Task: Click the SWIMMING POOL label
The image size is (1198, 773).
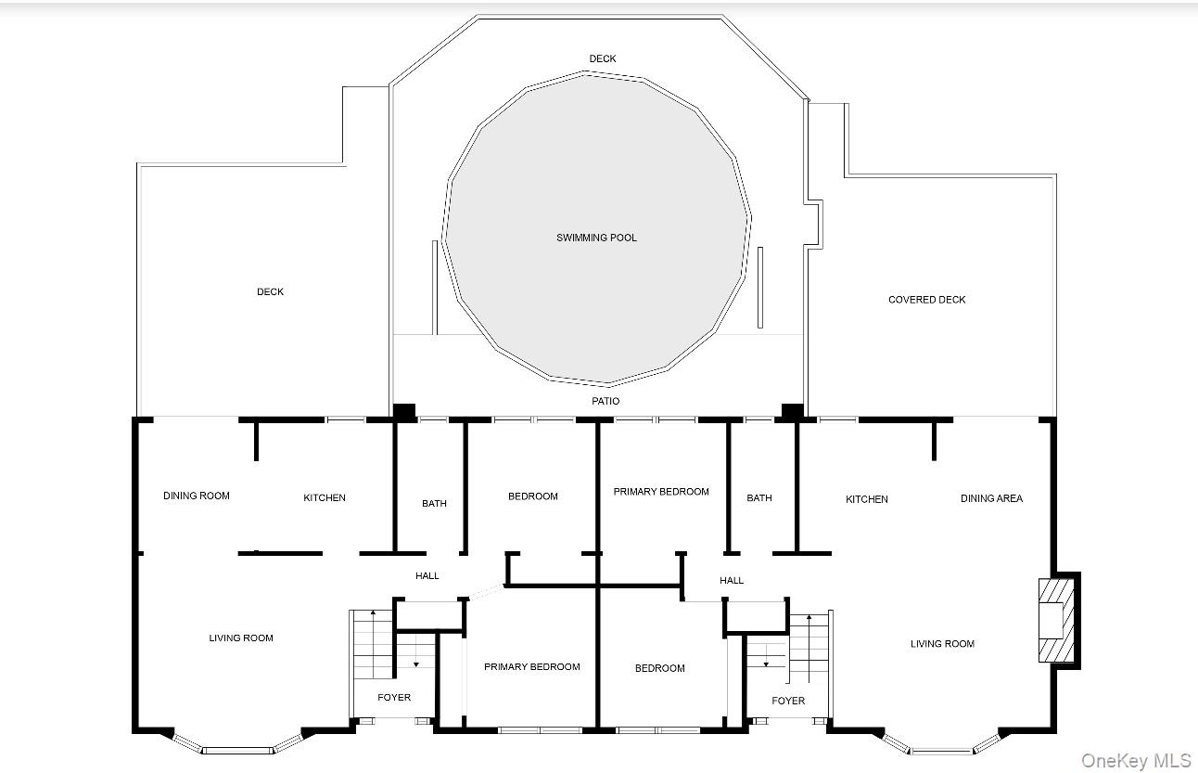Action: (x=596, y=238)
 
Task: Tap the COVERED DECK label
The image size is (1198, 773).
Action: (x=927, y=300)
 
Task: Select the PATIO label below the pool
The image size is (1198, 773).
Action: (x=605, y=401)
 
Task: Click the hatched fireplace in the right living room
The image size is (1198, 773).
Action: (x=1056, y=620)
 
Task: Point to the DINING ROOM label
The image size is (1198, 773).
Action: (x=197, y=496)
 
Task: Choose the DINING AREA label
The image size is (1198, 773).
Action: (x=991, y=498)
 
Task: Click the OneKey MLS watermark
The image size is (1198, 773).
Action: (x=1136, y=760)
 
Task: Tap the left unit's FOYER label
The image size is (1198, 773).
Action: (x=394, y=698)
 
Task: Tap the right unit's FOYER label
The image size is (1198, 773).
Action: (x=788, y=701)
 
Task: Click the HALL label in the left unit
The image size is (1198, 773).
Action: (x=427, y=576)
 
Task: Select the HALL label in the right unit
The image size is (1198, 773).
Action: (x=731, y=580)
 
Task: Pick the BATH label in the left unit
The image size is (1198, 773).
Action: (x=434, y=504)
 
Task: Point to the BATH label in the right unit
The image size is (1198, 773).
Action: (x=758, y=497)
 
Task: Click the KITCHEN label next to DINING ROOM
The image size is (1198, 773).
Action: (x=325, y=497)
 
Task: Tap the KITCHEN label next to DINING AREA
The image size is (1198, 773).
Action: (x=866, y=499)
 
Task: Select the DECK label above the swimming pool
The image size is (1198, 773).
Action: (x=602, y=58)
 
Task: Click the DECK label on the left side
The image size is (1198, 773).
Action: (x=270, y=291)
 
